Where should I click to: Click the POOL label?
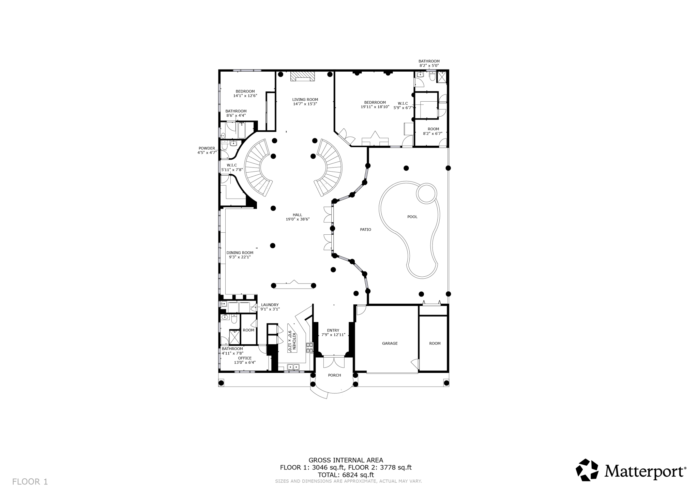click(x=412, y=217)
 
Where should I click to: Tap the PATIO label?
click(x=365, y=230)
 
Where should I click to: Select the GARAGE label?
click(x=390, y=344)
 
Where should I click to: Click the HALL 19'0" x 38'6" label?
click(x=298, y=217)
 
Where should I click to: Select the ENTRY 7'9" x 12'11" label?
click(x=333, y=333)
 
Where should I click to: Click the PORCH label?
click(x=334, y=375)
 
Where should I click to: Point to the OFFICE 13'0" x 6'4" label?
click(x=245, y=361)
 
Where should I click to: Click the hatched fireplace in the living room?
click(x=302, y=76)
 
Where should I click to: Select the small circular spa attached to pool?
click(x=426, y=193)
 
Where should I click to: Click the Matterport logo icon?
click(x=587, y=470)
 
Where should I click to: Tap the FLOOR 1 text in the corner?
click(x=30, y=482)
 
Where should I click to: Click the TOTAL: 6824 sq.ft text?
click(x=346, y=475)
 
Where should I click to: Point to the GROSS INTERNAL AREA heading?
click(x=346, y=460)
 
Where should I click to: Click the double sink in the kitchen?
click(x=293, y=367)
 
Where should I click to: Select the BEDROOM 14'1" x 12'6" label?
click(x=245, y=93)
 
